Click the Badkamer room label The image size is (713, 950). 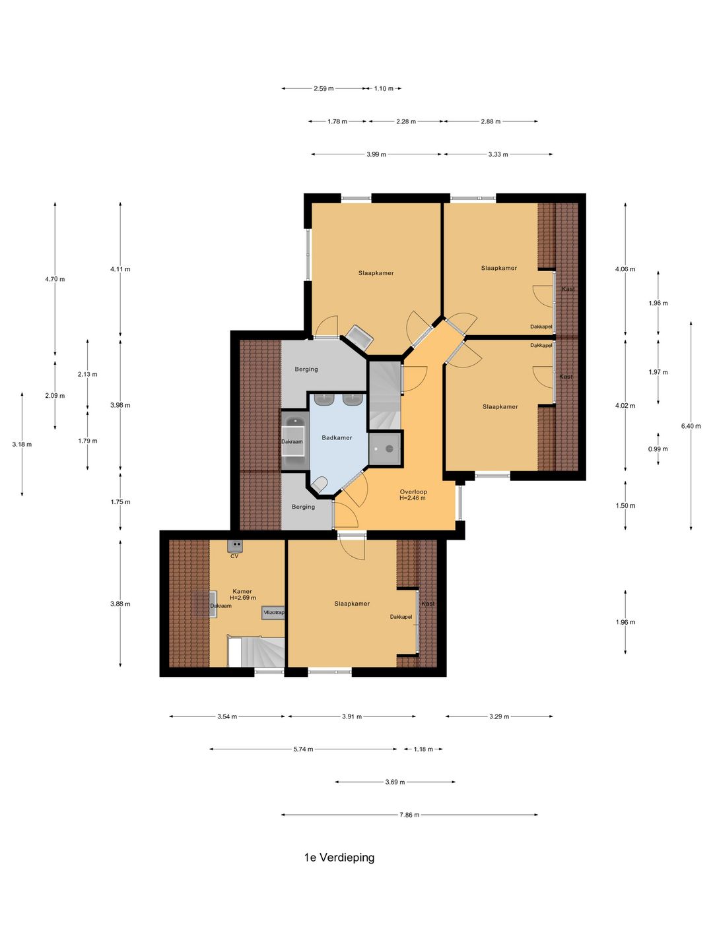(x=337, y=437)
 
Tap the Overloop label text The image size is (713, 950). (x=413, y=491)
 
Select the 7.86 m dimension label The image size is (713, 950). (x=409, y=815)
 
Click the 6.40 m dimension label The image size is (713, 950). (x=691, y=426)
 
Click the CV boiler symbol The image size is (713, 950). (x=235, y=546)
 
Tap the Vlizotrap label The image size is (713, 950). (x=273, y=612)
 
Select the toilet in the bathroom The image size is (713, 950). (x=320, y=484)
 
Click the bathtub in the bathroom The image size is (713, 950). (x=295, y=441)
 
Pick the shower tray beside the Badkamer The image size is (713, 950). (x=385, y=449)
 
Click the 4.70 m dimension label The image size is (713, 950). (x=55, y=279)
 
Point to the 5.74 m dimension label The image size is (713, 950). (x=303, y=749)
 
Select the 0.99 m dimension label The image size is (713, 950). (x=658, y=449)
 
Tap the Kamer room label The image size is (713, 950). (x=242, y=591)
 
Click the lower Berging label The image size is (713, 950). (x=303, y=507)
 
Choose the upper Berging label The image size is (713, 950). (x=306, y=369)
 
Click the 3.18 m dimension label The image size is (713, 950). (x=22, y=444)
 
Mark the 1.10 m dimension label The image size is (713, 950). (x=384, y=88)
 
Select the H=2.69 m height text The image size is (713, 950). (x=242, y=598)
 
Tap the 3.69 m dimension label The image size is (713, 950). (x=395, y=782)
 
